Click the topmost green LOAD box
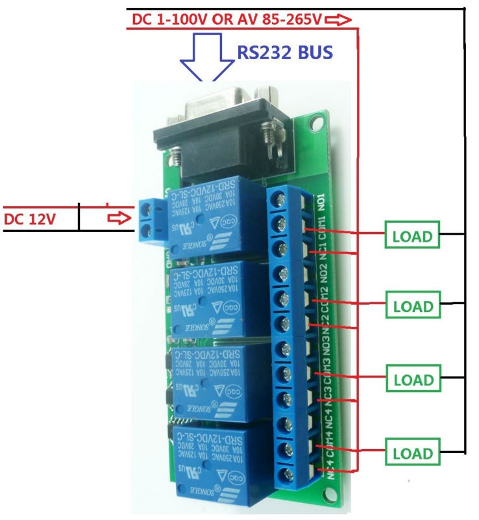click(x=412, y=235)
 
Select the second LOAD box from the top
click(x=412, y=305)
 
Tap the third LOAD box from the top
click(x=412, y=379)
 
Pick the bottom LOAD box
click(x=412, y=452)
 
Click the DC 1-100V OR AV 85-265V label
click(x=227, y=20)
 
